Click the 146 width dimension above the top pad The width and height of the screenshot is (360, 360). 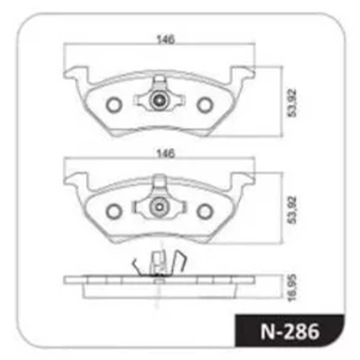click(166, 40)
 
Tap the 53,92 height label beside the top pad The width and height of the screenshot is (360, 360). click(292, 103)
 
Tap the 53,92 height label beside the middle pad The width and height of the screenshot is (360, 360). click(292, 210)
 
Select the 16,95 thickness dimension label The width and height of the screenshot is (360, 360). click(292, 288)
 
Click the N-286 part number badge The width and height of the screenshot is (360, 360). click(290, 331)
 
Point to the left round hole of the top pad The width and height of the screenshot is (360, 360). click(114, 105)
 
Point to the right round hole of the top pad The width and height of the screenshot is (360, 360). click(204, 105)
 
